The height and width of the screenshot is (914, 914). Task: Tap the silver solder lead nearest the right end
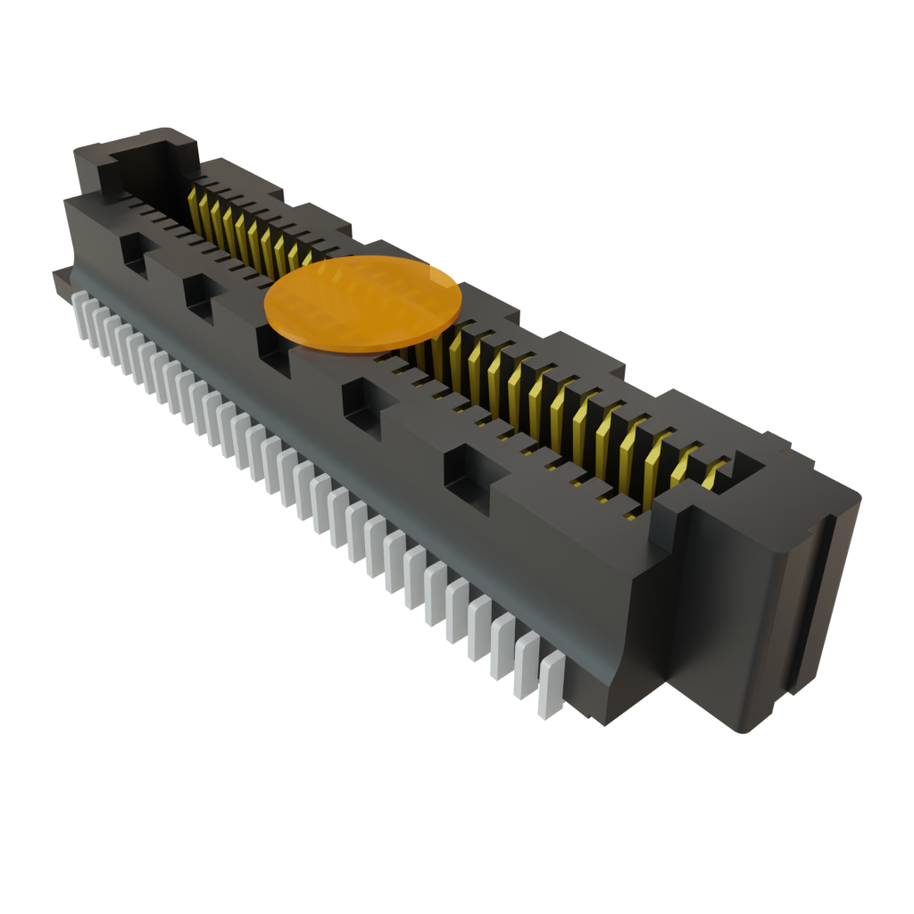point(550,686)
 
